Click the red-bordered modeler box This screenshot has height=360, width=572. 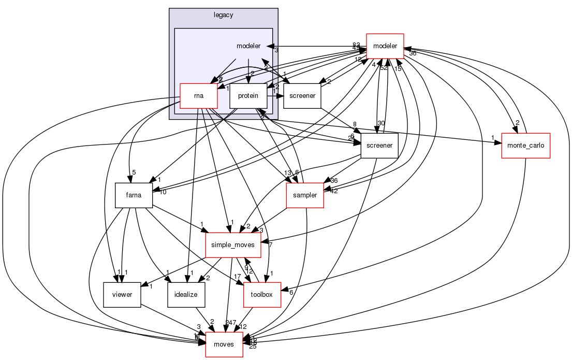point(385,46)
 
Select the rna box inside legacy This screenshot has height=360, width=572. point(198,95)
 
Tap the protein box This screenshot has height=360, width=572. point(248,95)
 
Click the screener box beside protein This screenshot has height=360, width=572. point(303,95)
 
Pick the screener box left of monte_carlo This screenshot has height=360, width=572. point(379,146)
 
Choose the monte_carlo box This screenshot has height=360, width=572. point(525,146)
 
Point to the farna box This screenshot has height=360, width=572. point(133,195)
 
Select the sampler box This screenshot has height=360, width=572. point(305,195)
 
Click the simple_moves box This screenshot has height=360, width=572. point(233,245)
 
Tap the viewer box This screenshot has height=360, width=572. point(122,295)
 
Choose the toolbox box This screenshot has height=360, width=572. point(262,295)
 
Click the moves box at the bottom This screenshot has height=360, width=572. point(224,344)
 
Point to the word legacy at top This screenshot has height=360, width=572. point(223,15)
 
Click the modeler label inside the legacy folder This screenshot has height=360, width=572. point(248,46)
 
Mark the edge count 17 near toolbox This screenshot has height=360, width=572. point(237,277)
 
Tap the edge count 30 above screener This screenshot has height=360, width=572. point(381,123)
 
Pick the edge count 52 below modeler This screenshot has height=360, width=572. point(384,68)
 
